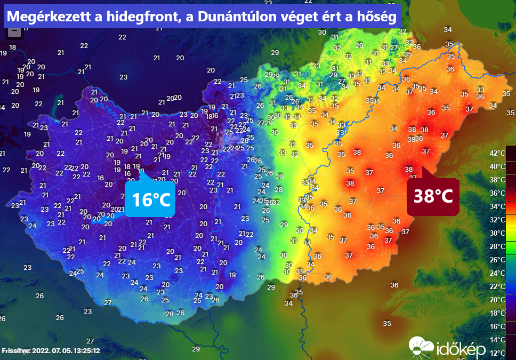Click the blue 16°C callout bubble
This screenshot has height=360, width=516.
click(x=151, y=199)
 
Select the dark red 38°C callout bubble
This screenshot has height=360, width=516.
click(x=433, y=196)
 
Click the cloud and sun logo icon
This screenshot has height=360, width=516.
click(x=421, y=347)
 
